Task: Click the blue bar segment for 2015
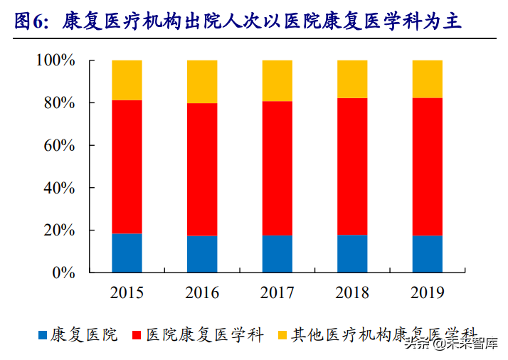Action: click(x=127, y=253)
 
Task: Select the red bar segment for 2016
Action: click(x=202, y=169)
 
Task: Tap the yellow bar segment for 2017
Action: click(x=277, y=80)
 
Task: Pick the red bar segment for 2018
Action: click(x=352, y=166)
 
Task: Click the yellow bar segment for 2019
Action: click(x=428, y=79)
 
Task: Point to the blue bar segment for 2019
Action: click(x=428, y=254)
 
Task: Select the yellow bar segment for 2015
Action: click(x=127, y=80)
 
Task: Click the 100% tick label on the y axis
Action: click(x=56, y=60)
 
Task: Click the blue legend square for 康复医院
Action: click(x=42, y=334)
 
